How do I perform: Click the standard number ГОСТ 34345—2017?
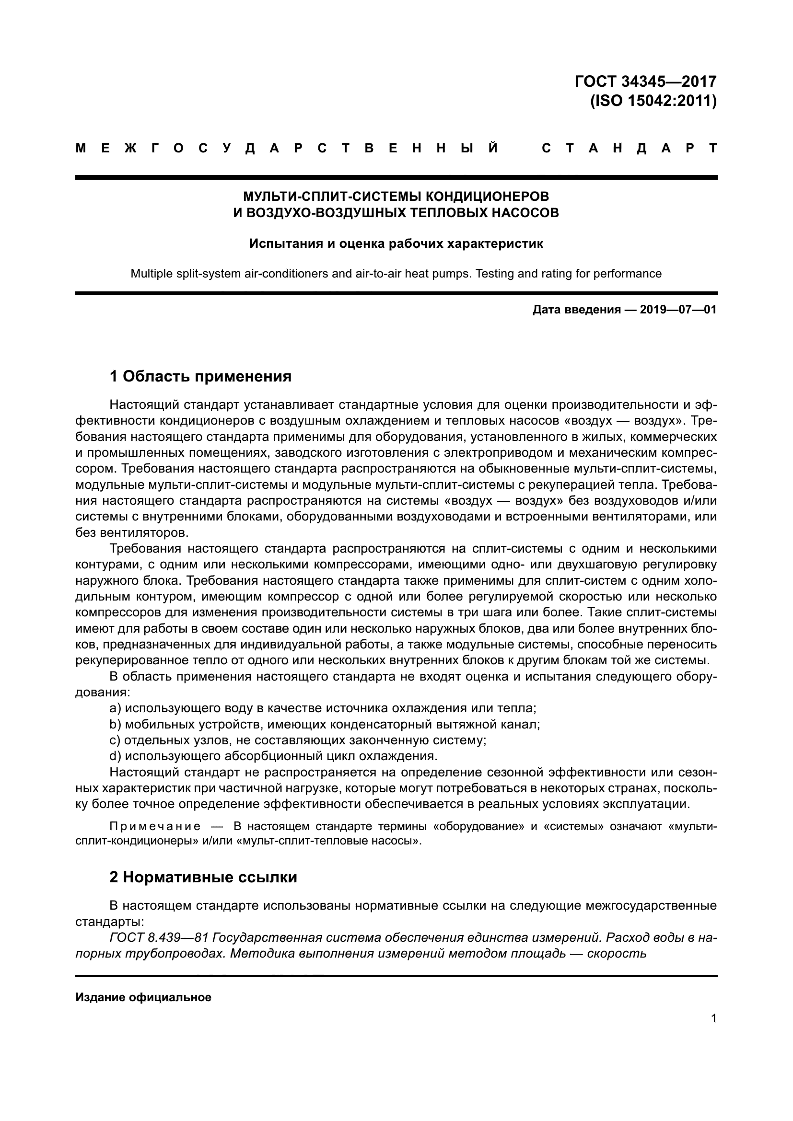645,81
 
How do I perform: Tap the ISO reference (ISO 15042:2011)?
653,101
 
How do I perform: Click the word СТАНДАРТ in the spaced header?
629,149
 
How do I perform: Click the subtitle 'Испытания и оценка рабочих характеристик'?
396,243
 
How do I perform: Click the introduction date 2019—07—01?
678,310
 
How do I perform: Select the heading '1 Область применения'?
200,376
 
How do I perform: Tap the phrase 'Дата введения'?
576,310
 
